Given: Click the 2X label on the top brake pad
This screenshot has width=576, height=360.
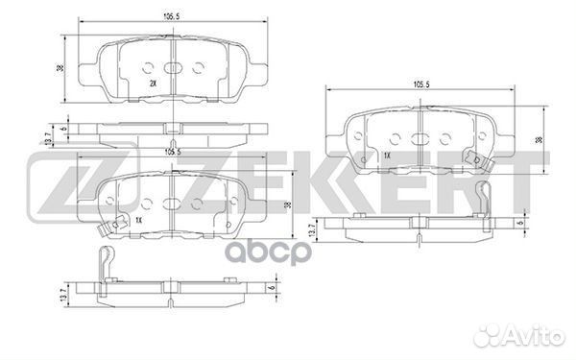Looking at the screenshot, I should pyautogui.click(x=154, y=84).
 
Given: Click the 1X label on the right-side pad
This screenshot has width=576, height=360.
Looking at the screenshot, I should pyautogui.click(x=387, y=155).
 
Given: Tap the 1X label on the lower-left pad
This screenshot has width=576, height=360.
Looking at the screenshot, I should pyautogui.click(x=140, y=221).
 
